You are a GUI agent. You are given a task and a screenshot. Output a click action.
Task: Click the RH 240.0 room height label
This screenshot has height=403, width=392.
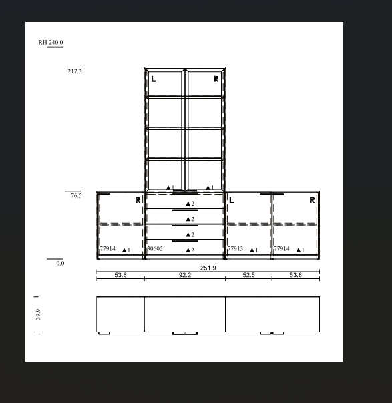click(x=51, y=43)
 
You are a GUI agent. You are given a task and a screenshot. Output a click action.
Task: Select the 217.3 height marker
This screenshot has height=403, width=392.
click(x=75, y=71)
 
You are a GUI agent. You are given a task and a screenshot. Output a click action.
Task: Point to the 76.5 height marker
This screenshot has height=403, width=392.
click(x=76, y=195)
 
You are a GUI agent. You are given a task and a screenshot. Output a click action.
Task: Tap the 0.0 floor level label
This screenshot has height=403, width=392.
click(x=60, y=263)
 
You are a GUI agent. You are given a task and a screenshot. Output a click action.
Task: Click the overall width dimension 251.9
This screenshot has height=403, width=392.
click(x=208, y=268)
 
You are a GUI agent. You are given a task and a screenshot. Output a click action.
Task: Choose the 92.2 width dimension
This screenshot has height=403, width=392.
click(x=185, y=275)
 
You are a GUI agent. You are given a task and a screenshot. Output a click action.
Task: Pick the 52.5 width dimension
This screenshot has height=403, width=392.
click(x=248, y=275)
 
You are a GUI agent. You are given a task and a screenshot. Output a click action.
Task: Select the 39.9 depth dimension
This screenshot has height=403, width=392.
click(x=38, y=314)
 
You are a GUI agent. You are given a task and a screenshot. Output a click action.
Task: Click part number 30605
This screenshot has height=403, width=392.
click(x=155, y=248)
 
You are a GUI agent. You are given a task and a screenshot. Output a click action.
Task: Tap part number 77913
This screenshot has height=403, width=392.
click(x=235, y=248)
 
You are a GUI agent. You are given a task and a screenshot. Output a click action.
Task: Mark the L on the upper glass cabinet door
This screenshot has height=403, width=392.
click(x=154, y=79)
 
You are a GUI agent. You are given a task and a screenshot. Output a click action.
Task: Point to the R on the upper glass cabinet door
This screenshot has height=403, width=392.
click(x=216, y=79)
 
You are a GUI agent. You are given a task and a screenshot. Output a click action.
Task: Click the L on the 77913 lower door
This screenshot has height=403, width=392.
click(x=232, y=199)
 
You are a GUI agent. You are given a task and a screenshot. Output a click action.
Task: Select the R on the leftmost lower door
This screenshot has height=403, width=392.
click(x=138, y=199)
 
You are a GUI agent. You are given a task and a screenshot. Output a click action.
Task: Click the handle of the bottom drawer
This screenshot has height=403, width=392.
click(x=185, y=241)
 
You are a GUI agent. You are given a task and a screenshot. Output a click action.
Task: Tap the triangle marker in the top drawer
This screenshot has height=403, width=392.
click(x=188, y=204)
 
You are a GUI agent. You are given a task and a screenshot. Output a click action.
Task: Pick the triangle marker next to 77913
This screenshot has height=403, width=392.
click(x=252, y=250)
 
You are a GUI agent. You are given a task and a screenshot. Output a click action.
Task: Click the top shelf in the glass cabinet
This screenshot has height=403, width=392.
click(x=185, y=97)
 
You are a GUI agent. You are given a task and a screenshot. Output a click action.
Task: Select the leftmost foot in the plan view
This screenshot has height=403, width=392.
click(x=104, y=334)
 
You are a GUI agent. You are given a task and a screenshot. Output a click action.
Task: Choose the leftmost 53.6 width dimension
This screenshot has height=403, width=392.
click(x=120, y=275)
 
